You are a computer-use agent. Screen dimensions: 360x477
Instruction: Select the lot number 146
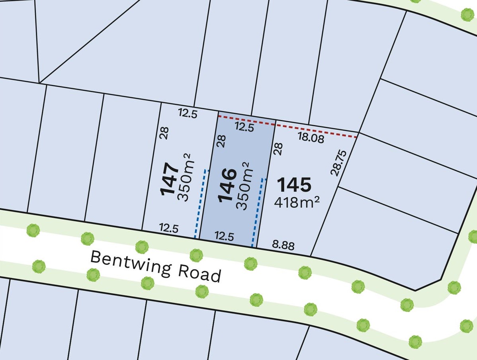coord(227,185)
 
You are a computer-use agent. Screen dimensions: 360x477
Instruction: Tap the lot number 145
coord(294,185)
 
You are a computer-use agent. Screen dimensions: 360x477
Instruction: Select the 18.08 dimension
coord(311,138)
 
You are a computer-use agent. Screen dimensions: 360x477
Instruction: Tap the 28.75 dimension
coord(338,162)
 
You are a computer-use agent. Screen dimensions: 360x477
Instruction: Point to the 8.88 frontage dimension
coord(283,245)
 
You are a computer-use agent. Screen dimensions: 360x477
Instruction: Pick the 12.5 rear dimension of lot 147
coord(188,114)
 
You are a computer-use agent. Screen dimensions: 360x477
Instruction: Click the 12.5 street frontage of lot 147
coord(169,228)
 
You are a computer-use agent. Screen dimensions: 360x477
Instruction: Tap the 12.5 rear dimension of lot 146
coord(244,127)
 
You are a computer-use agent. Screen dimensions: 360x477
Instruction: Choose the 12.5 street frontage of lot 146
coord(224,237)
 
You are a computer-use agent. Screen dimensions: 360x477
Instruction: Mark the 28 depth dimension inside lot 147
coord(164,133)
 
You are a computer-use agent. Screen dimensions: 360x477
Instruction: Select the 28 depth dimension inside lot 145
coord(278,149)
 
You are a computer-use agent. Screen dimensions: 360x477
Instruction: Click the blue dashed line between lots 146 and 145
coord(257,211)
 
